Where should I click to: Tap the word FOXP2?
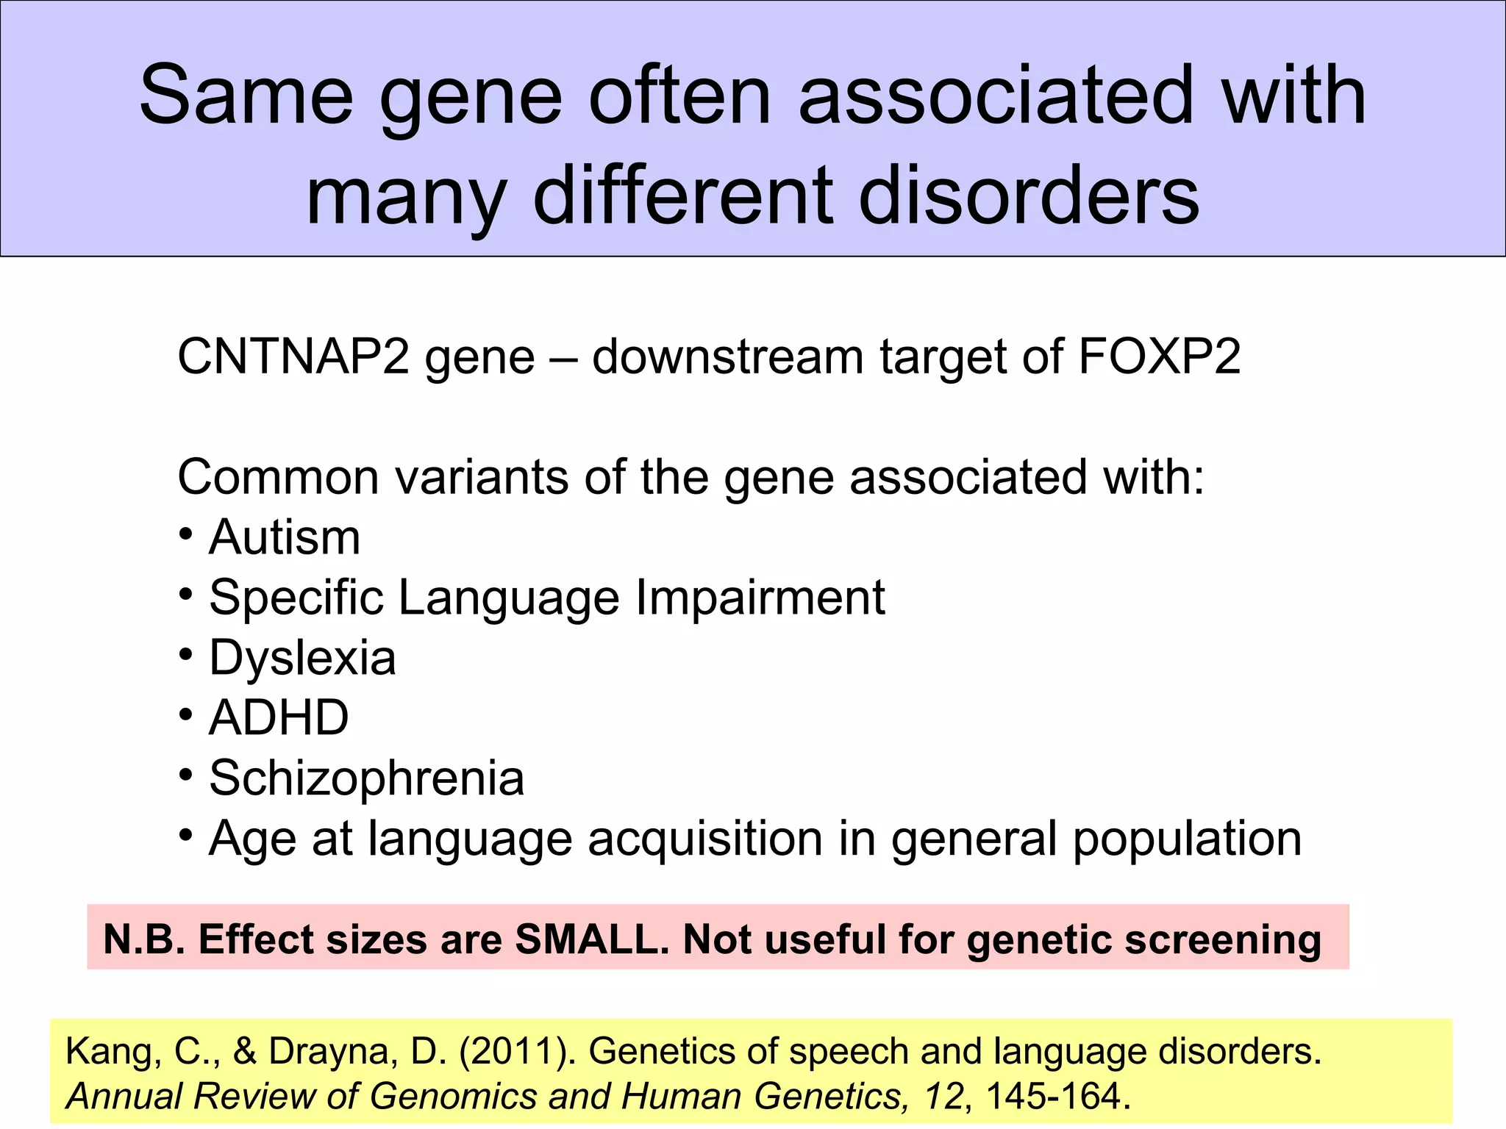[x=1159, y=357]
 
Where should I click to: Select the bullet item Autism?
[x=285, y=537]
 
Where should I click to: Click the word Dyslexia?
[x=302, y=658]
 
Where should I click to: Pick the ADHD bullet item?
[x=279, y=717]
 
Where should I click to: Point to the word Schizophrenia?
[x=366, y=778]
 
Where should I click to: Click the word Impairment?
[x=760, y=597]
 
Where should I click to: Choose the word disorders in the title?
[x=1029, y=196]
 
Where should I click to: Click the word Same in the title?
[x=246, y=96]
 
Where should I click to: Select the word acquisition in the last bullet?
[x=704, y=838]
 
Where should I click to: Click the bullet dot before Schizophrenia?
[x=186, y=774]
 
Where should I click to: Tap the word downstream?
[x=727, y=357]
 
